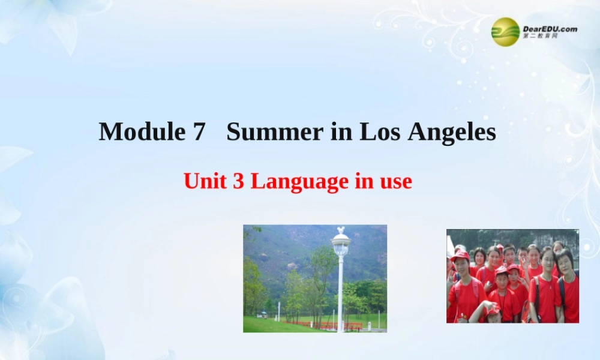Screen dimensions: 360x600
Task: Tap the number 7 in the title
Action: tap(199, 131)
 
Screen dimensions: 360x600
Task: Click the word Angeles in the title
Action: tap(452, 131)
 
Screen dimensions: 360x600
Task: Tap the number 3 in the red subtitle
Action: tap(238, 181)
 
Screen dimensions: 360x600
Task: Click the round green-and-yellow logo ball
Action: tap(505, 32)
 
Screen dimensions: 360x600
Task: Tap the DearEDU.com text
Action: tap(550, 28)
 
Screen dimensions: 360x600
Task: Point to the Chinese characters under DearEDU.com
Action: tap(540, 37)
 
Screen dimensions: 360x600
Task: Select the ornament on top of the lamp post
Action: tap(341, 230)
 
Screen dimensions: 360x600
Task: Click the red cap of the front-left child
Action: tap(460, 254)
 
